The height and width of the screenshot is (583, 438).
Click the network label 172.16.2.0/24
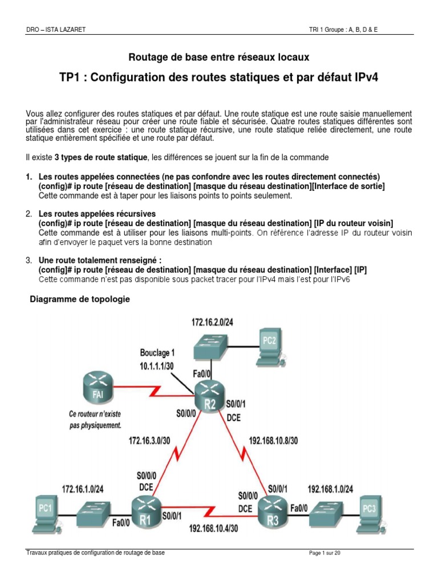coord(212,322)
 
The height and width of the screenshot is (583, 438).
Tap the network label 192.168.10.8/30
coord(274,440)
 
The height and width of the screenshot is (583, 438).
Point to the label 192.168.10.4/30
coord(213,528)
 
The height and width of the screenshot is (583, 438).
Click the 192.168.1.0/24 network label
coord(331,488)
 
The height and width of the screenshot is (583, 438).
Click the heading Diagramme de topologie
coord(79,299)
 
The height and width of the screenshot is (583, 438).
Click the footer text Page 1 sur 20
coord(324,553)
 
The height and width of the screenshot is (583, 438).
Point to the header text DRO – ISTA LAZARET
coord(56,30)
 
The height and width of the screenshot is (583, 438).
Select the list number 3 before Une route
coord(29,260)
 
